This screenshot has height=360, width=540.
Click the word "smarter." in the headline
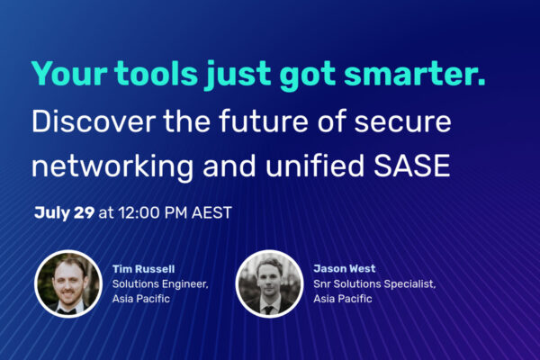[x=415, y=74]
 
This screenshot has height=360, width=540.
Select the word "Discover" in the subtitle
[x=94, y=121]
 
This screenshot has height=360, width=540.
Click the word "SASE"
[x=412, y=166]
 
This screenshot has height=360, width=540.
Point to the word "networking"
[x=112, y=167]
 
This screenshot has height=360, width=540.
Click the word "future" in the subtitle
[x=263, y=121]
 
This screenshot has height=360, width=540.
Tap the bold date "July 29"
[x=64, y=212]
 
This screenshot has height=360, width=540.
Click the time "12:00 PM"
[x=153, y=212]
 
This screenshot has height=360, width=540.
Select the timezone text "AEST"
[x=211, y=212]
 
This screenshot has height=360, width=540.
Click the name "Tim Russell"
[x=144, y=269]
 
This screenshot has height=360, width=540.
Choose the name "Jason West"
[x=345, y=268]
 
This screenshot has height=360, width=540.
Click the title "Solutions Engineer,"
[x=160, y=284]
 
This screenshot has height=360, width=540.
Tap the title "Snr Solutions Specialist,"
[x=374, y=284]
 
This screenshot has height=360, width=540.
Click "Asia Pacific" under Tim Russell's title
[x=141, y=298]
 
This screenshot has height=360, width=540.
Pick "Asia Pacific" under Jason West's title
[x=343, y=298]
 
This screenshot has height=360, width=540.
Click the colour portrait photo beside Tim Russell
[x=68, y=283]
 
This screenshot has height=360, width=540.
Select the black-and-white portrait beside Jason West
[x=269, y=283]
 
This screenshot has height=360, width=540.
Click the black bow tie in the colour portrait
[x=67, y=310]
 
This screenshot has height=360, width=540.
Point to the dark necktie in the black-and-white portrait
[x=268, y=310]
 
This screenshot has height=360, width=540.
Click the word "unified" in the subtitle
[x=314, y=166]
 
